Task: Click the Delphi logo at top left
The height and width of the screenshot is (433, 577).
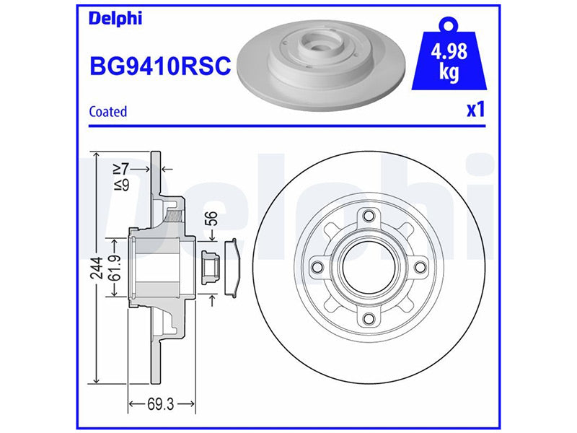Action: point(115,19)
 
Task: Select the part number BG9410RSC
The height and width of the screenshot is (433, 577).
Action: point(160,66)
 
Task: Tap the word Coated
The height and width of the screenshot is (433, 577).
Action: point(107,112)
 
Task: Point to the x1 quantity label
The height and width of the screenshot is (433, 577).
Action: point(476,110)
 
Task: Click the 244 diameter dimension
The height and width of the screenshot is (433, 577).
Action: point(97,268)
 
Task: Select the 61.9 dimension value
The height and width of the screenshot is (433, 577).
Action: point(116,268)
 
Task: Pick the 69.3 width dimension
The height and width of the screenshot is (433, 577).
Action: point(160,404)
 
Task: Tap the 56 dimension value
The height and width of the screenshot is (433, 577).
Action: point(211,219)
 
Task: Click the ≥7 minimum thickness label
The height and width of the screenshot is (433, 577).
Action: point(121,169)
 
